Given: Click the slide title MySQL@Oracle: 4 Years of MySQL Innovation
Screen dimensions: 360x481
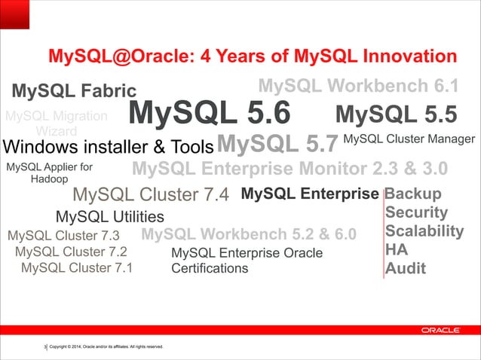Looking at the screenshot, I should (252, 57).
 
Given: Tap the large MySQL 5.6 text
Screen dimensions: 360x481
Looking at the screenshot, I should (209, 114).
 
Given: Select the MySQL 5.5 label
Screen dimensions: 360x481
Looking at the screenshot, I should (396, 114).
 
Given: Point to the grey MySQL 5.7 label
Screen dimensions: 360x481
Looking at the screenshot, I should (276, 142).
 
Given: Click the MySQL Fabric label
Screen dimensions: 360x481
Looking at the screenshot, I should (74, 92).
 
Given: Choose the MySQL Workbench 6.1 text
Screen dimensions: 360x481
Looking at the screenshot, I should (358, 84).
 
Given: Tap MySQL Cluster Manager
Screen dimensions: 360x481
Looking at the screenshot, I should (409, 139).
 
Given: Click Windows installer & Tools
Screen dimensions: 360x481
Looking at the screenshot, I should (109, 145).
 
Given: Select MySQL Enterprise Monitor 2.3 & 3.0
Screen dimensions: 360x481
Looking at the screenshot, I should (290, 167).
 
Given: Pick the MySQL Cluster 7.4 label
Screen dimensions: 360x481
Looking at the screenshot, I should (151, 196).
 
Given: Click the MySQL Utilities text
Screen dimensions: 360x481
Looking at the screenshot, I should (110, 218).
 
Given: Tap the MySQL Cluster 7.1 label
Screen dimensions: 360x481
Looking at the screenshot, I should (76, 267).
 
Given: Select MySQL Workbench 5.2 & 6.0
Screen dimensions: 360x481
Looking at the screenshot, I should (248, 233).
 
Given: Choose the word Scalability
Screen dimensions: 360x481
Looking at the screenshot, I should (424, 231).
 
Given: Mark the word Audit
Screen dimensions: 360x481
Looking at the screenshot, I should (406, 269).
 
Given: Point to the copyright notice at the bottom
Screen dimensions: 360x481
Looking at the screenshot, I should (106, 346).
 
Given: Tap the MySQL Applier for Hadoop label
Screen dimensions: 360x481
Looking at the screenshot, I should (49, 173).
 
